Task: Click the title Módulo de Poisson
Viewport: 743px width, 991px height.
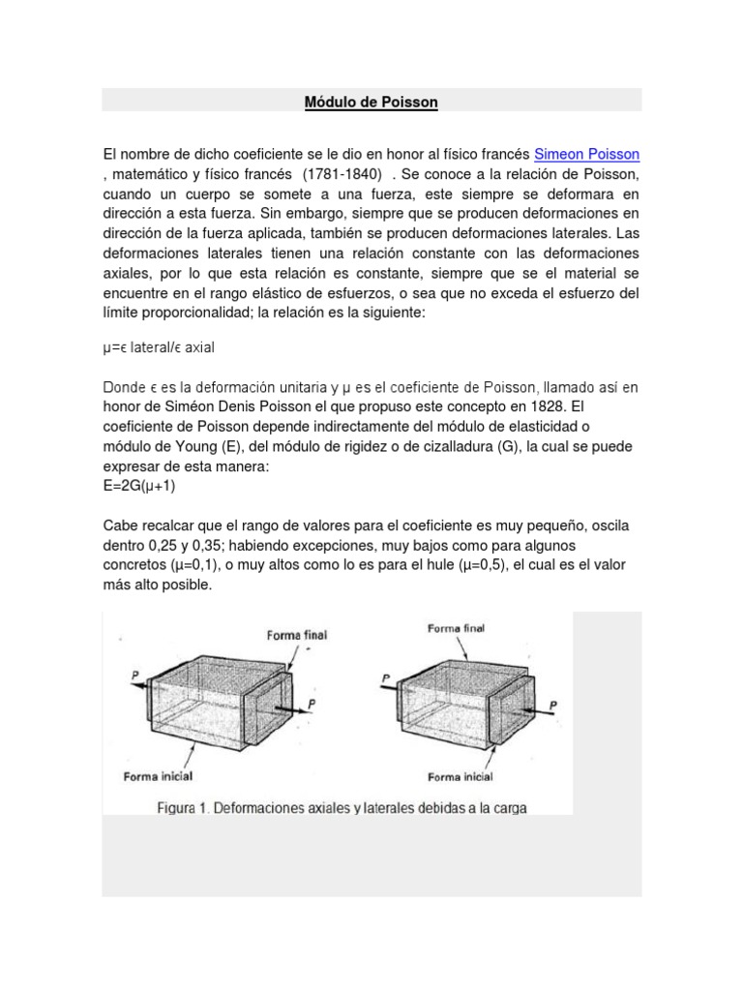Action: [x=371, y=102]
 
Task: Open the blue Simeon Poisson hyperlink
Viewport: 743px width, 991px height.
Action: [x=587, y=154]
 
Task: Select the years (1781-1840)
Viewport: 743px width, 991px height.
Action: [x=341, y=174]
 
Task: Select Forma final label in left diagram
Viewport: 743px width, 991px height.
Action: [x=296, y=635]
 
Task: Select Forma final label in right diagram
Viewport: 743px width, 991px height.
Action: [x=457, y=628]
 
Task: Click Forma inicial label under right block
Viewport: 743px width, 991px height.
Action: [x=461, y=776]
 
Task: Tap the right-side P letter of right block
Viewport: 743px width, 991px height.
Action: [x=552, y=706]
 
